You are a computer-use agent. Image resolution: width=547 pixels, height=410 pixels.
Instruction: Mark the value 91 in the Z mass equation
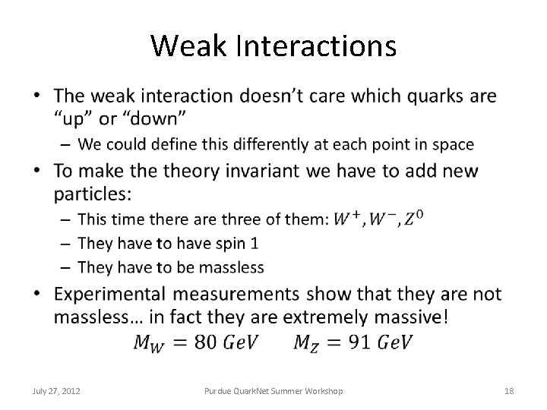(361, 342)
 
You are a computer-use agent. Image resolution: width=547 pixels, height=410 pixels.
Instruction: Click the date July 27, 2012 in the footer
(58, 391)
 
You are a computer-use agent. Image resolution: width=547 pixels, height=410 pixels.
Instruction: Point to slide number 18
(510, 391)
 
